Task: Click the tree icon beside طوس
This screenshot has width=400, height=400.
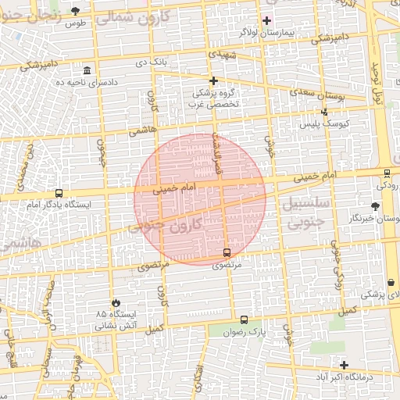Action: [75, 11]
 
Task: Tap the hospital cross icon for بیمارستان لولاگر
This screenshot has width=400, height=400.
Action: [267, 20]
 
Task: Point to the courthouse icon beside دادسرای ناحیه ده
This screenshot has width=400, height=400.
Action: [86, 70]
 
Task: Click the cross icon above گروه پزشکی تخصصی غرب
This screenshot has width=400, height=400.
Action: [212, 80]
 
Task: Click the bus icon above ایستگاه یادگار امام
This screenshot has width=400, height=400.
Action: [59, 194]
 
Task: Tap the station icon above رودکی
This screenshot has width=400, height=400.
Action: [387, 173]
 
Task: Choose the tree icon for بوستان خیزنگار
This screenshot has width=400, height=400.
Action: [376, 206]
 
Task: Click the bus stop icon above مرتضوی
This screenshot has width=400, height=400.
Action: [227, 252]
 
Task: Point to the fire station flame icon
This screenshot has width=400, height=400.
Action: [116, 302]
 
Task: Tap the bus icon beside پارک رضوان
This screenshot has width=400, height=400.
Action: [245, 320]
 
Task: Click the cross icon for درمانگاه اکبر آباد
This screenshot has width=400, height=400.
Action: [344, 365]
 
